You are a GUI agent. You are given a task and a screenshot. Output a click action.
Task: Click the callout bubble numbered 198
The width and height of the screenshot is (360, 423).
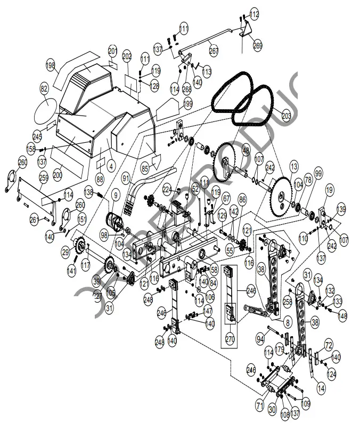(x=51, y=66)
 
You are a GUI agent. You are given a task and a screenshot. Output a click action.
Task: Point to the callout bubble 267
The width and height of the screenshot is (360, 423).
(x=214, y=51)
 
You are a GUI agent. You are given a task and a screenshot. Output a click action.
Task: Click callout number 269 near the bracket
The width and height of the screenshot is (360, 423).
(x=258, y=46)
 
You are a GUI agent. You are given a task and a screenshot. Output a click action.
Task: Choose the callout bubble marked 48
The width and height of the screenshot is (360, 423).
(x=246, y=151)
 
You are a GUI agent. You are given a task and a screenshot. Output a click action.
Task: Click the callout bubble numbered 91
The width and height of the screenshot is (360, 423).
(x=126, y=180)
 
